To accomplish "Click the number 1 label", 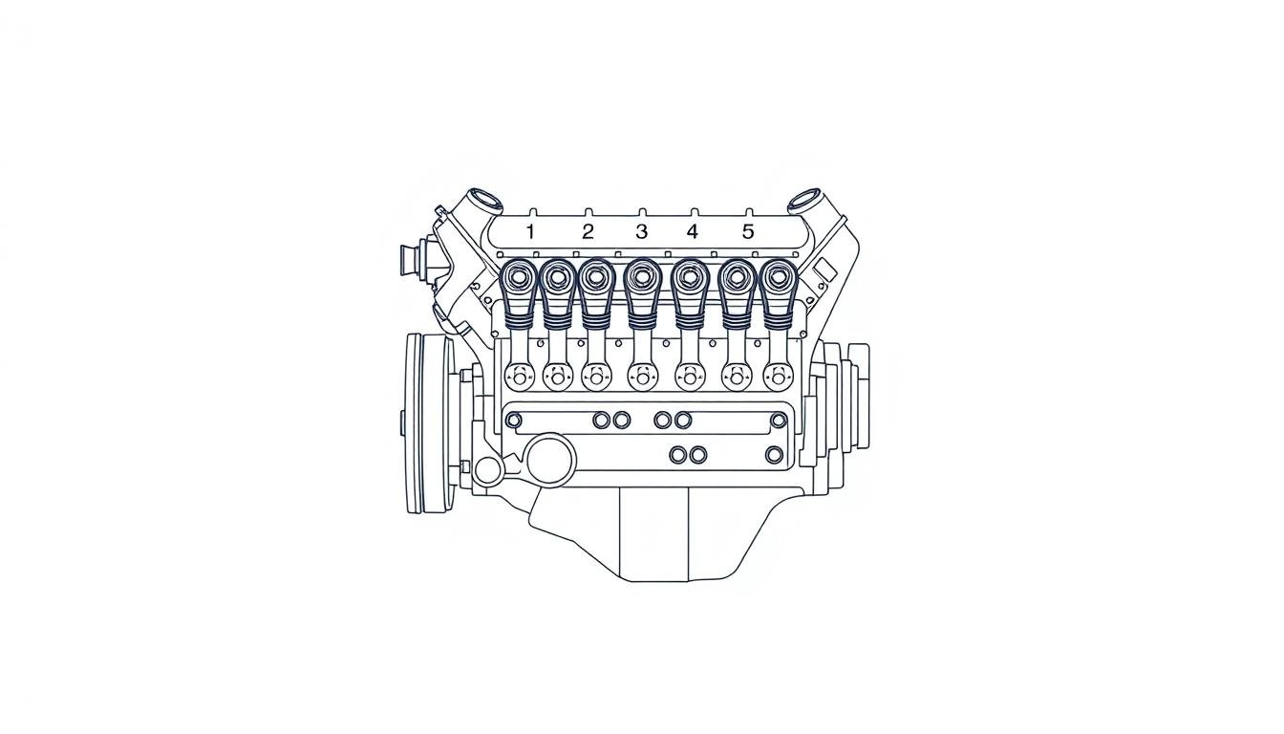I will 531,231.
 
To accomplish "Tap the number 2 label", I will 588,231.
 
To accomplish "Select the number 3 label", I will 641,231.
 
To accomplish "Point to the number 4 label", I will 693,231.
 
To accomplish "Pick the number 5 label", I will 748,231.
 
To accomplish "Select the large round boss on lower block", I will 550,460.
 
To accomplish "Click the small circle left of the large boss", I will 488,470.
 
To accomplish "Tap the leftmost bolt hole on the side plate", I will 514,421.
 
